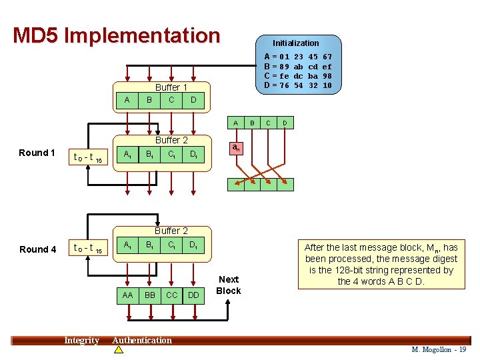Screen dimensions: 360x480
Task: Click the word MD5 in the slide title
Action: coord(36,35)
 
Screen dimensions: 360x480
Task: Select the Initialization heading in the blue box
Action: coord(295,43)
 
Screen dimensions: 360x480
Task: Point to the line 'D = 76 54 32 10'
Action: coord(298,85)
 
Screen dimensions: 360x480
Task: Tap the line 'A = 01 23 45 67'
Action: coord(298,57)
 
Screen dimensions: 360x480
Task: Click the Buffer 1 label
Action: coord(171,87)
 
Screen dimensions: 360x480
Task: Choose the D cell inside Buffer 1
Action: coord(193,100)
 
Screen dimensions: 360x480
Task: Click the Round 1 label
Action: coord(37,153)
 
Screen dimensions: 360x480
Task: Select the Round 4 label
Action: coord(38,249)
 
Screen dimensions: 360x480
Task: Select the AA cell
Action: coord(127,294)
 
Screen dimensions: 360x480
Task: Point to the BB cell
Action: coord(149,294)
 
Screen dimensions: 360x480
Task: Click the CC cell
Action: coord(171,294)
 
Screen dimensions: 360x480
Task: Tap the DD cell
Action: coord(193,294)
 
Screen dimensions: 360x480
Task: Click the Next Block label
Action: coord(229,285)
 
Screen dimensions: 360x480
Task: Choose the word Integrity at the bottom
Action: coord(81,341)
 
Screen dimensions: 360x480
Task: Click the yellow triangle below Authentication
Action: coord(119,349)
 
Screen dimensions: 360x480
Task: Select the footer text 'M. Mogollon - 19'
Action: coord(439,349)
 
